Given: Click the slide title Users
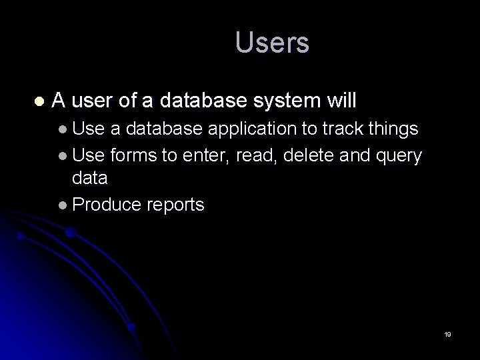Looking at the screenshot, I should point(272,43).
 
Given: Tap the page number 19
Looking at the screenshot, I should point(447,334).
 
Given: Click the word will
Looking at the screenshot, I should point(342,101).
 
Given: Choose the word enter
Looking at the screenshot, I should point(204,156).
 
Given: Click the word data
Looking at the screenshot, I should point(89,179).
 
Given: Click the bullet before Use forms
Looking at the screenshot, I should point(62,157).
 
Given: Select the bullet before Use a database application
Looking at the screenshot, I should point(62,129).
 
